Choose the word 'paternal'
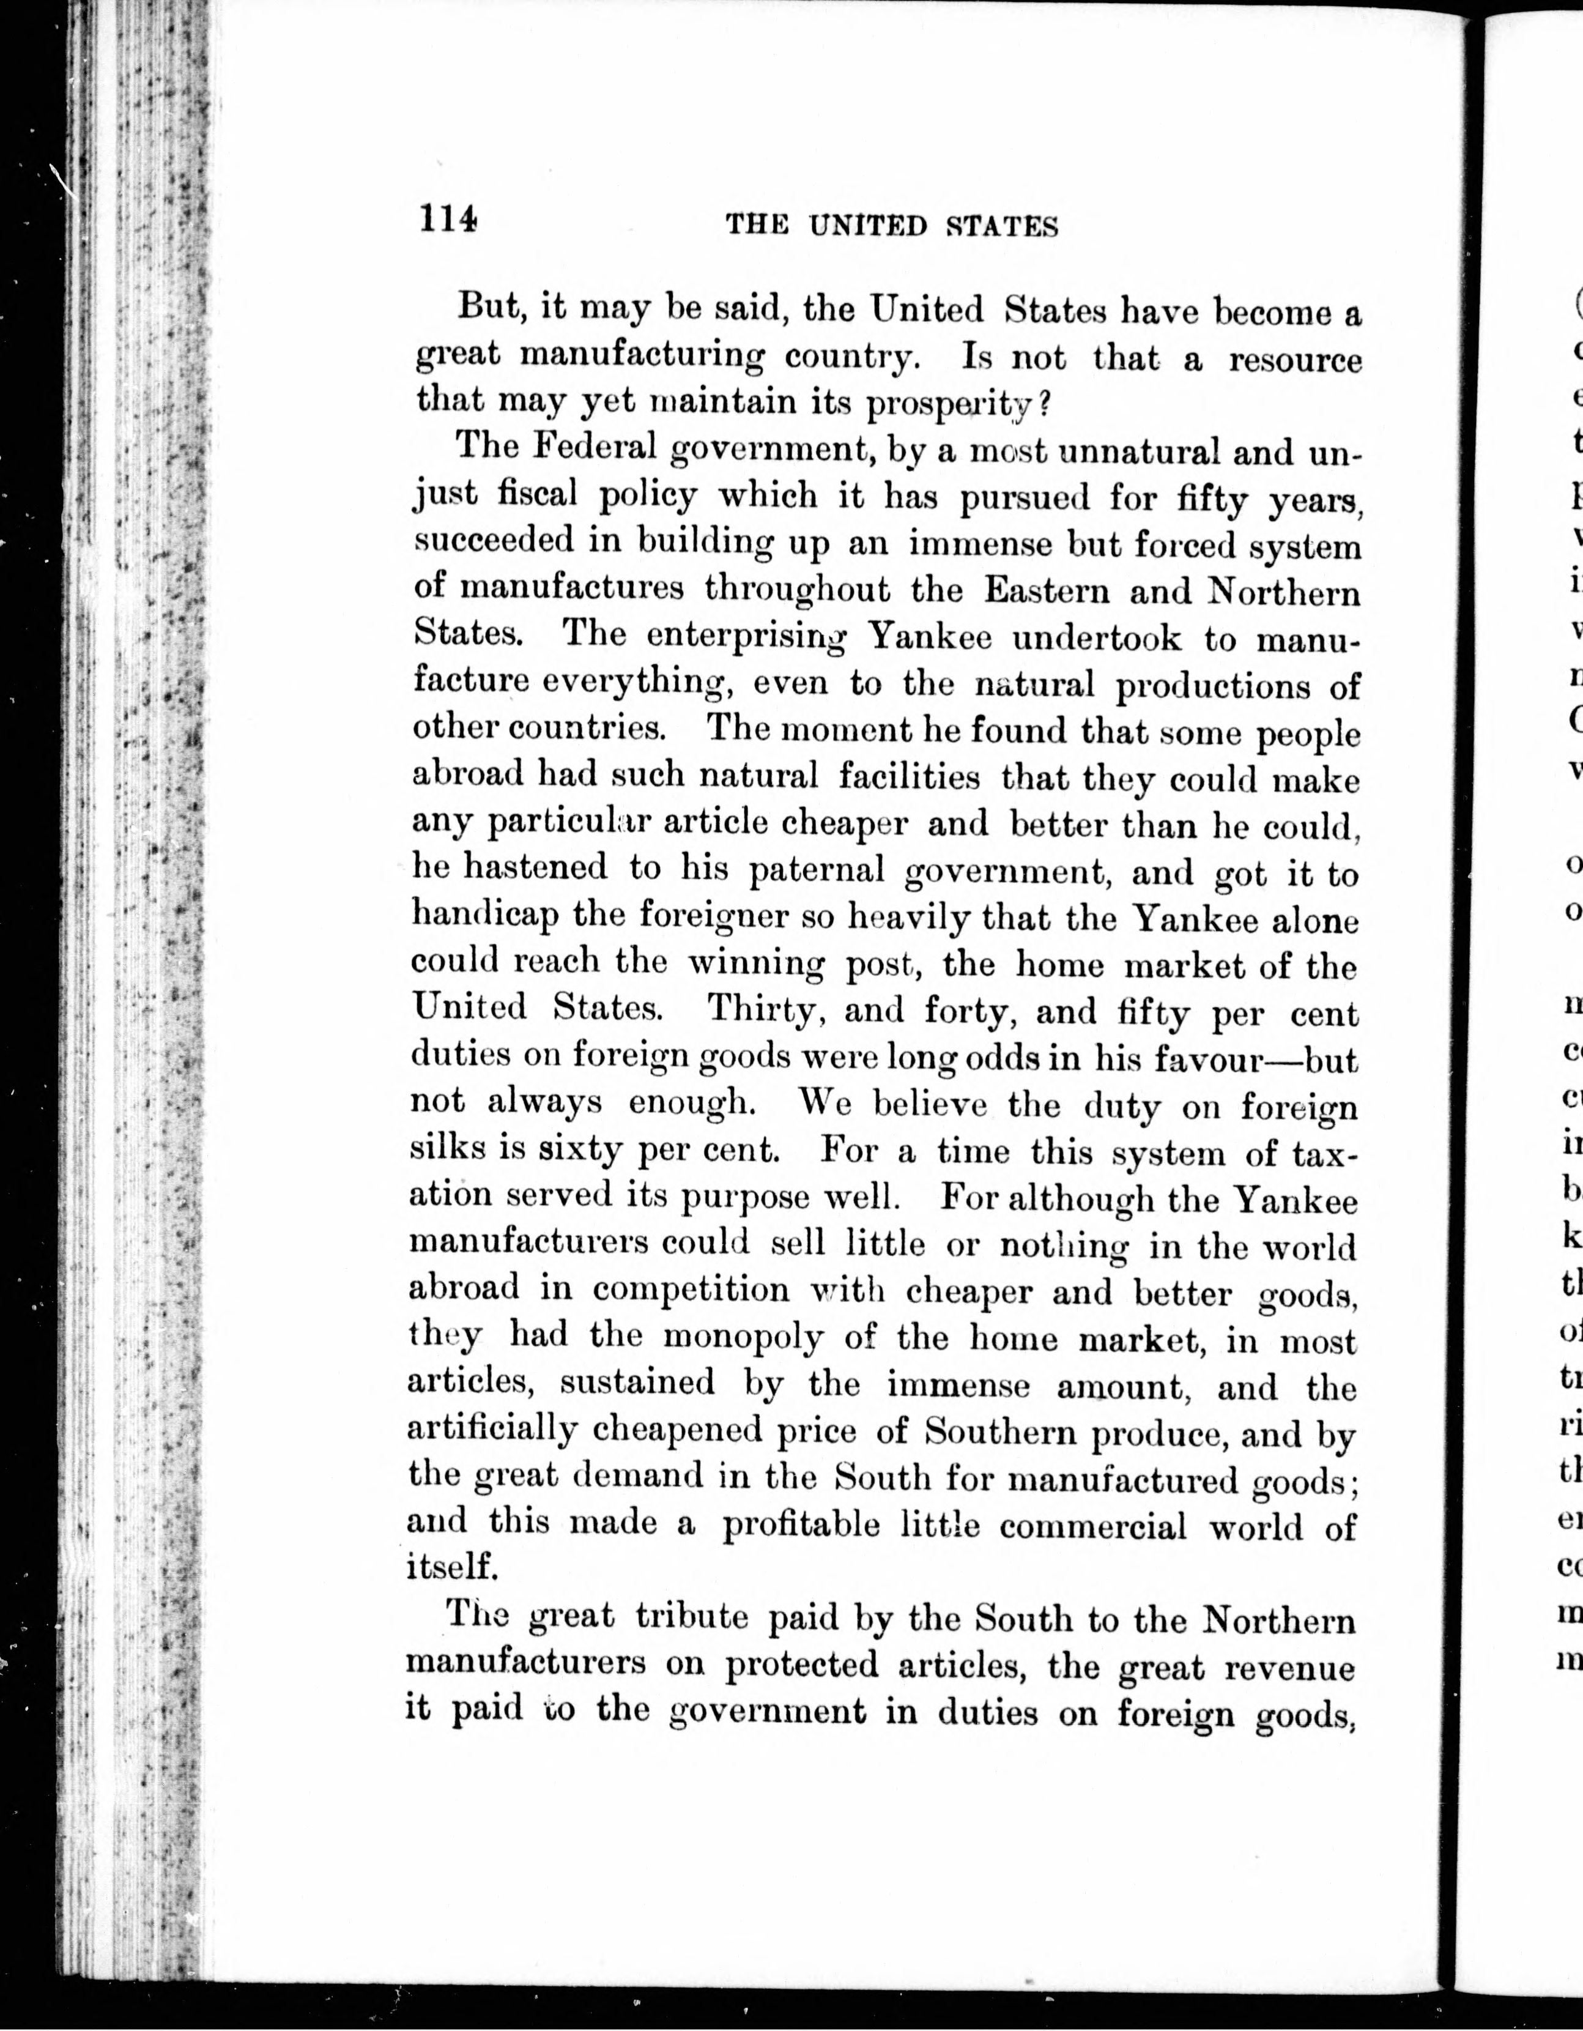click(x=817, y=869)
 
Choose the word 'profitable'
click(x=801, y=1525)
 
